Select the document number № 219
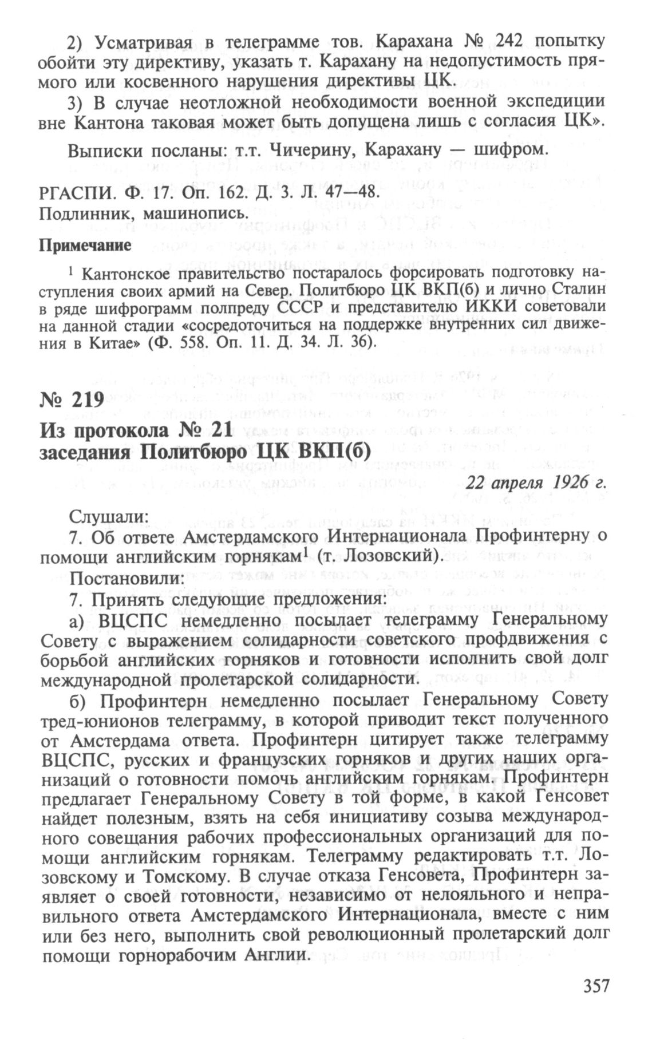[x=72, y=399]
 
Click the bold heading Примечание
[x=85, y=246]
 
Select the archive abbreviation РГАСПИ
[x=69, y=194]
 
